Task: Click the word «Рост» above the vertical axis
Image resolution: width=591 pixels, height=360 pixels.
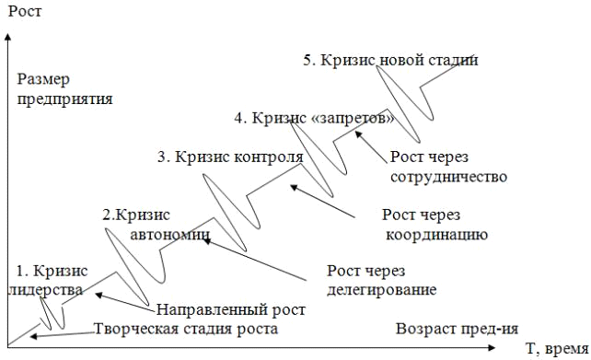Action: (x=25, y=11)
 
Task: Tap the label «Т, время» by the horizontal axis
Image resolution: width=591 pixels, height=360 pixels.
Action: (x=557, y=349)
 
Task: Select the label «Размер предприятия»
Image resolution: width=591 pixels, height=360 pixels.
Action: (x=64, y=89)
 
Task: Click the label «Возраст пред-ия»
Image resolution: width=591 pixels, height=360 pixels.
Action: (x=457, y=329)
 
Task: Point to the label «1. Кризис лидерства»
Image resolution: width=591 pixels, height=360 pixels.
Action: (x=48, y=281)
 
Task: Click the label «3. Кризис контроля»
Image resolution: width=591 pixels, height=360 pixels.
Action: (x=231, y=157)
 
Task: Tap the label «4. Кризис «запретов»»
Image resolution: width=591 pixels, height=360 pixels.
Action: (x=314, y=118)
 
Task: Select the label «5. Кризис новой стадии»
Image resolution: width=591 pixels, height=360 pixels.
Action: (x=391, y=61)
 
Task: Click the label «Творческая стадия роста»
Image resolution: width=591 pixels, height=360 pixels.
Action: (x=186, y=329)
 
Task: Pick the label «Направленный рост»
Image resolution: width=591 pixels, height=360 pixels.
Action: (x=231, y=310)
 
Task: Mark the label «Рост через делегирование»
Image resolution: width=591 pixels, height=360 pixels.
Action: (x=381, y=281)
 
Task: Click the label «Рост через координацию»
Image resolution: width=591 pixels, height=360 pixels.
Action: (x=435, y=225)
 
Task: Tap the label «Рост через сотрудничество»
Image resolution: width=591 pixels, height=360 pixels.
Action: (x=448, y=167)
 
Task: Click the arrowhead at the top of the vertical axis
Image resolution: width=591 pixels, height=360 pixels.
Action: (x=8, y=37)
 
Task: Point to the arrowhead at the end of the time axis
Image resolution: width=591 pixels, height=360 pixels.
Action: (x=491, y=347)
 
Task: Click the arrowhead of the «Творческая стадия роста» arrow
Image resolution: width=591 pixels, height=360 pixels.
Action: (x=33, y=336)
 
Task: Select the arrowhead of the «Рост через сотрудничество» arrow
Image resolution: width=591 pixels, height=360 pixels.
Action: (x=359, y=134)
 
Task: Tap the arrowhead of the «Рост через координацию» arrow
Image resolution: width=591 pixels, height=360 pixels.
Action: (x=294, y=187)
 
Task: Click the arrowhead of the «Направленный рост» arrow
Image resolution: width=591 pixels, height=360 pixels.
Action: (x=98, y=295)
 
